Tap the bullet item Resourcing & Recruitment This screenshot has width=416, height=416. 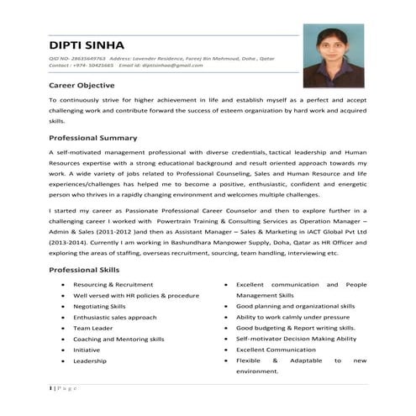click(113, 285)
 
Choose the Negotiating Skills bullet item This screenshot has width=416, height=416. click(100, 307)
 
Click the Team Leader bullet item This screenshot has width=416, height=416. click(93, 328)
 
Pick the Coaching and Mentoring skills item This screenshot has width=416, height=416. click(118, 339)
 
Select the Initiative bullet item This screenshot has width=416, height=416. click(87, 350)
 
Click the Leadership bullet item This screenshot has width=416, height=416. click(89, 361)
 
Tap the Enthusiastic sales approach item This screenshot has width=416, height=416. click(114, 318)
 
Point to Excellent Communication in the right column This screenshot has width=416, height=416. click(282, 350)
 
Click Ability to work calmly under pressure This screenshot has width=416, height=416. click(292, 318)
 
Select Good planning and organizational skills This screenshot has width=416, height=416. click(296, 307)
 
